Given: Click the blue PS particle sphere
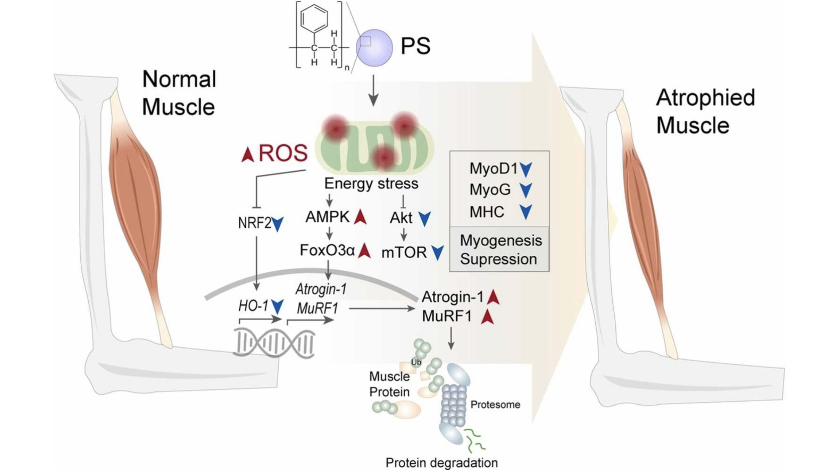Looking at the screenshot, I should click(374, 48).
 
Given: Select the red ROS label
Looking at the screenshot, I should click(283, 153).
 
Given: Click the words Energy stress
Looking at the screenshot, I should click(371, 184).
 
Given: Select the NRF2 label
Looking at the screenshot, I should click(254, 223).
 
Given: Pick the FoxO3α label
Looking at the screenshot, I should click(327, 250).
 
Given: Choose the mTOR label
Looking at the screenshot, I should click(404, 253).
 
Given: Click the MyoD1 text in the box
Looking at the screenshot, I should click(493, 168).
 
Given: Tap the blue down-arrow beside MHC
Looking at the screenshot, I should click(526, 212).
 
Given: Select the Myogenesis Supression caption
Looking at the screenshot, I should click(499, 250).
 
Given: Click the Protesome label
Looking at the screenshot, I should click(495, 404).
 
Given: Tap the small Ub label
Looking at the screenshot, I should click(416, 362).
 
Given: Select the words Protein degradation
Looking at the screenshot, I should click(442, 463).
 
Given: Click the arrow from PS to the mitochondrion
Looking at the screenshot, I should click(374, 90).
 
